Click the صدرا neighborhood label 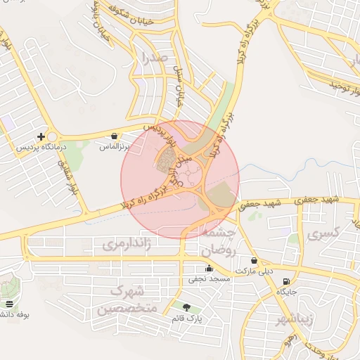[x=153, y=56]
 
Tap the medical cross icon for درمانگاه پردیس [x=41, y=136]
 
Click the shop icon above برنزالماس [x=114, y=136]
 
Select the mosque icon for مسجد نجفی [x=209, y=268]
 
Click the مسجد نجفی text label [x=209, y=279]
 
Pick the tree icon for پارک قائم [x=186, y=307]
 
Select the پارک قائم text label [x=186, y=319]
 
